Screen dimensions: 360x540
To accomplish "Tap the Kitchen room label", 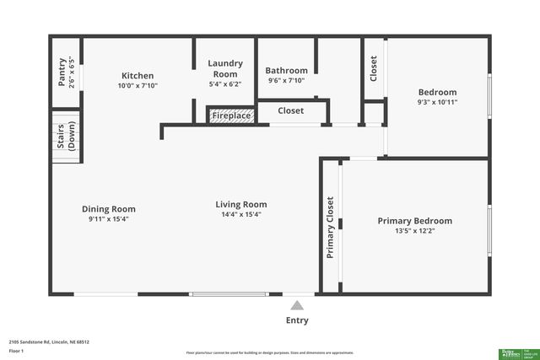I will [138, 75].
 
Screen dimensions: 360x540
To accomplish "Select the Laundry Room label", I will [225, 68].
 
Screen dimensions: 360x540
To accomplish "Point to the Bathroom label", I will [287, 71].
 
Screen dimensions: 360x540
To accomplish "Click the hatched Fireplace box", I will [230, 116].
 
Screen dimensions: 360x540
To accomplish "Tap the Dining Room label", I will [108, 209].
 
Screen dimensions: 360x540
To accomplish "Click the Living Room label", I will [241, 204].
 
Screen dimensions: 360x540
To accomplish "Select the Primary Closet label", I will [330, 227].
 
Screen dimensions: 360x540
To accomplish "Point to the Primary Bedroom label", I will [414, 221].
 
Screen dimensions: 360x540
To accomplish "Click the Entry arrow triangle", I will [296, 306].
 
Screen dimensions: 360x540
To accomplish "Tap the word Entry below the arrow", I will [297, 320].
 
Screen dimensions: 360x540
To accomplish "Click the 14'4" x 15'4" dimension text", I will [241, 214].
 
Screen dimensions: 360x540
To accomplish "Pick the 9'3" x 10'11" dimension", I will [437, 102].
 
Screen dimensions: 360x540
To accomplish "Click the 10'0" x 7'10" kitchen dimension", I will [138, 85].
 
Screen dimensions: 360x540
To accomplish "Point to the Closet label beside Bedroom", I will [374, 68].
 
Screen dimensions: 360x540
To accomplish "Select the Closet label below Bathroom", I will [291, 110].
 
